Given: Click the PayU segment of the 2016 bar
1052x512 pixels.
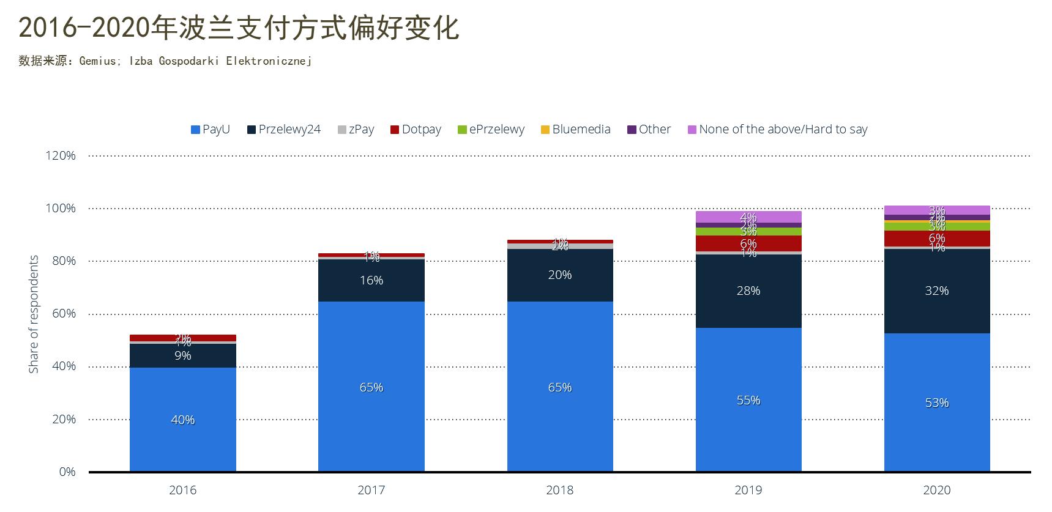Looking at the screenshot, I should (182, 420).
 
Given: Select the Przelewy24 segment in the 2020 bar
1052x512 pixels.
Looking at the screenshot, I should (937, 291).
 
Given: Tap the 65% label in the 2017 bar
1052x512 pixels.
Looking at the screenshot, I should (371, 388).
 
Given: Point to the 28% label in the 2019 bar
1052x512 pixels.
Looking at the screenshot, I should (748, 291).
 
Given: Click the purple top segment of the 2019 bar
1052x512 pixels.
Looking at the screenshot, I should (748, 217).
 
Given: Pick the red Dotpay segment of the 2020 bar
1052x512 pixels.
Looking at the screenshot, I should (937, 239).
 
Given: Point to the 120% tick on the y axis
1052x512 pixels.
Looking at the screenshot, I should (61, 156).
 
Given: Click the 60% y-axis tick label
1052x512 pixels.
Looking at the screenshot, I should (64, 314).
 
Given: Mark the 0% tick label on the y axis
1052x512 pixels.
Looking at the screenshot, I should (67, 472).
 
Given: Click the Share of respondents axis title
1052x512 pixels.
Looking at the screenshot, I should (34, 314).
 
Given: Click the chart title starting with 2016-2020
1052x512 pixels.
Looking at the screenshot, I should (239, 28).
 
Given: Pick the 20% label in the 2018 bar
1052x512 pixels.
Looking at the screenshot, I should (559, 275).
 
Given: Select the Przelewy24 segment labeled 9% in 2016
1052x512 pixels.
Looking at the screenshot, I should (182, 355).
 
